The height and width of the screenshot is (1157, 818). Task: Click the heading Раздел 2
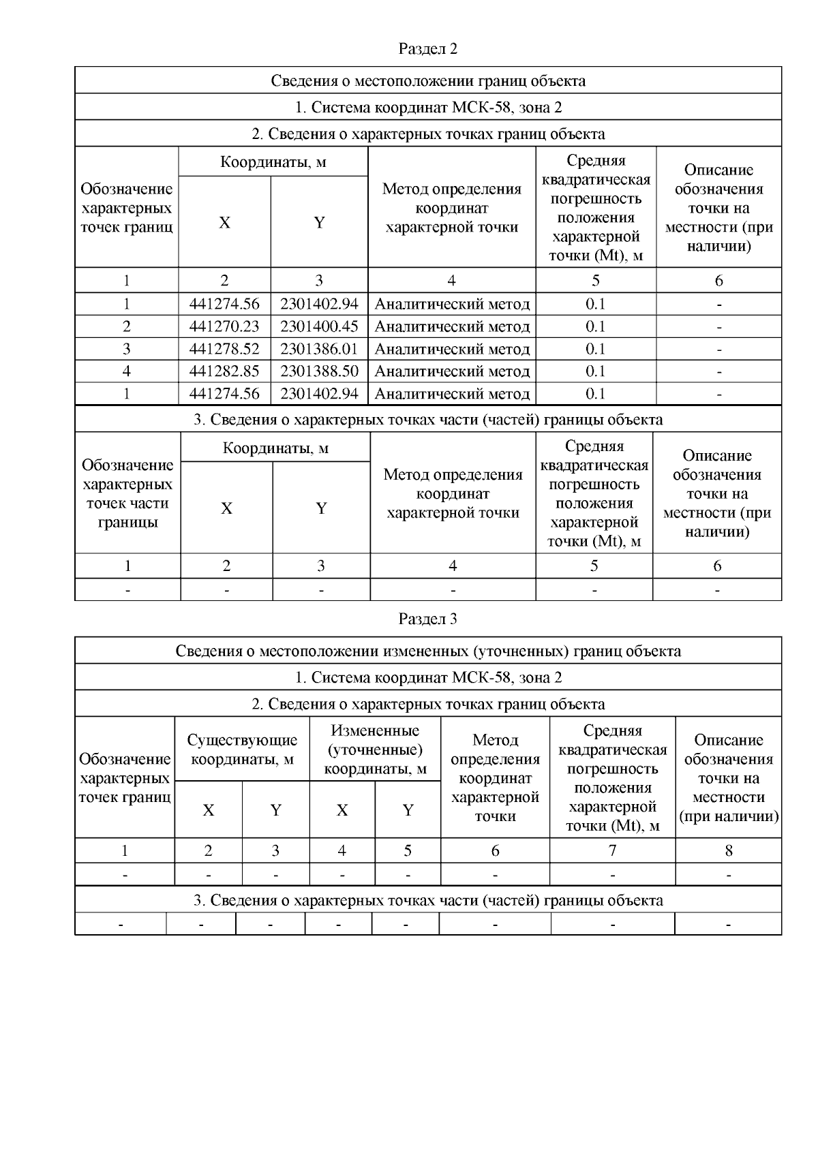(427, 49)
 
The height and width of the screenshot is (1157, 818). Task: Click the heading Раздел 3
(427, 619)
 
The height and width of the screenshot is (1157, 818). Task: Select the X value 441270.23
(224, 326)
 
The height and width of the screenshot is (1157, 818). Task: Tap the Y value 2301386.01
(319, 349)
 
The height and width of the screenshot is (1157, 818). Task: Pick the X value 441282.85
(224, 371)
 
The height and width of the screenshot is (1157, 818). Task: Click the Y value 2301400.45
(319, 326)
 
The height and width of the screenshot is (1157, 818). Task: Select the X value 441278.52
(224, 349)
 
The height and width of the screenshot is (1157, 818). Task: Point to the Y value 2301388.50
(319, 371)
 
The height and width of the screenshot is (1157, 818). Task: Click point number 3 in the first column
(126, 349)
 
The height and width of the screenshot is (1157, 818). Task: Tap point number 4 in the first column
(126, 371)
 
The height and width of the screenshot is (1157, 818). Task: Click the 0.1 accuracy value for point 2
(596, 326)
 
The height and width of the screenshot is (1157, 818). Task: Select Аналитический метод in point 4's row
(452, 371)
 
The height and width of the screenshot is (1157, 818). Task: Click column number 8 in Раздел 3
(729, 850)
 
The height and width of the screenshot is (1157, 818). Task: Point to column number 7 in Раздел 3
(612, 850)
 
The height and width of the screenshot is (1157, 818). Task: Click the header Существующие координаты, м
(242, 749)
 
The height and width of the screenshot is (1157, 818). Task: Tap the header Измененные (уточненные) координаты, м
(375, 750)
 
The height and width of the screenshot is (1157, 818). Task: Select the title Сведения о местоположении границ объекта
(427, 80)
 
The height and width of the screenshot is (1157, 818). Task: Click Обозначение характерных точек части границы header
(127, 494)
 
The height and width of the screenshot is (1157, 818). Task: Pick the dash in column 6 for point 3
(718, 349)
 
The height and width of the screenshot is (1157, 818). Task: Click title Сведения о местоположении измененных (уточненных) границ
(427, 651)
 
